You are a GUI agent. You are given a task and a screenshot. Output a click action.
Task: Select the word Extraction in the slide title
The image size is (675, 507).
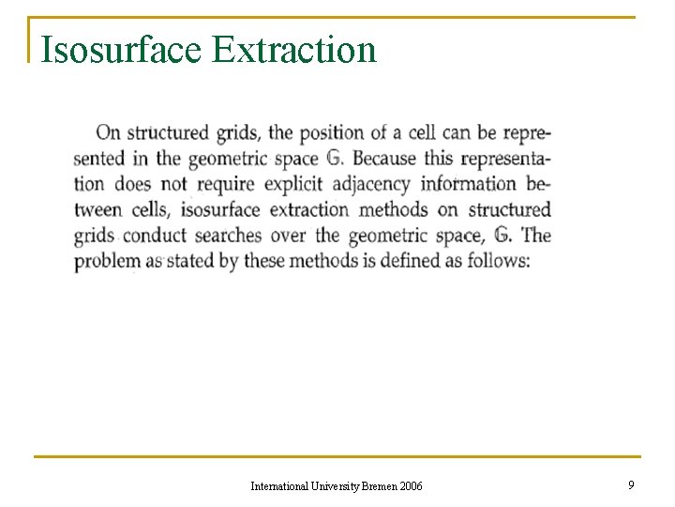[294, 49]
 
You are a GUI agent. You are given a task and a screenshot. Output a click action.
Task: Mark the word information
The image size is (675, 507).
[468, 184]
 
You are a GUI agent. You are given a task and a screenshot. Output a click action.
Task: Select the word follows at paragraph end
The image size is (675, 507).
[498, 260]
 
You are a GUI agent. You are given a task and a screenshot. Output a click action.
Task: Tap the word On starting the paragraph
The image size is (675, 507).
[109, 133]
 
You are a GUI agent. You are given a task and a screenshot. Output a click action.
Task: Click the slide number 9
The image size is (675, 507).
[631, 484]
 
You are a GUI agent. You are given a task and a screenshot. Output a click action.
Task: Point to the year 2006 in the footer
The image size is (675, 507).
[411, 485]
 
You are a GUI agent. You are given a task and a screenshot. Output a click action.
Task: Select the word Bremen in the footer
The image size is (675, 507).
[377, 485]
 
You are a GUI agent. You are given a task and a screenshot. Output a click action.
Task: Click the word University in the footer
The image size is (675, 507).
[334, 485]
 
